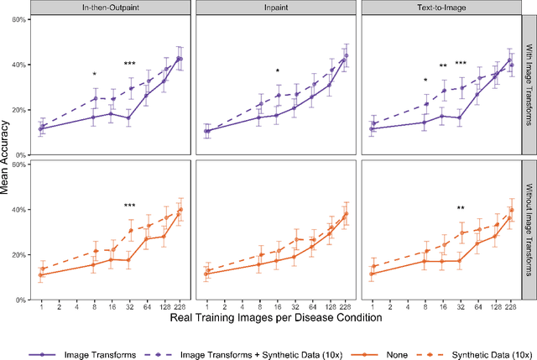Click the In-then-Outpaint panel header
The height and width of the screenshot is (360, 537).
click(110, 8)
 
